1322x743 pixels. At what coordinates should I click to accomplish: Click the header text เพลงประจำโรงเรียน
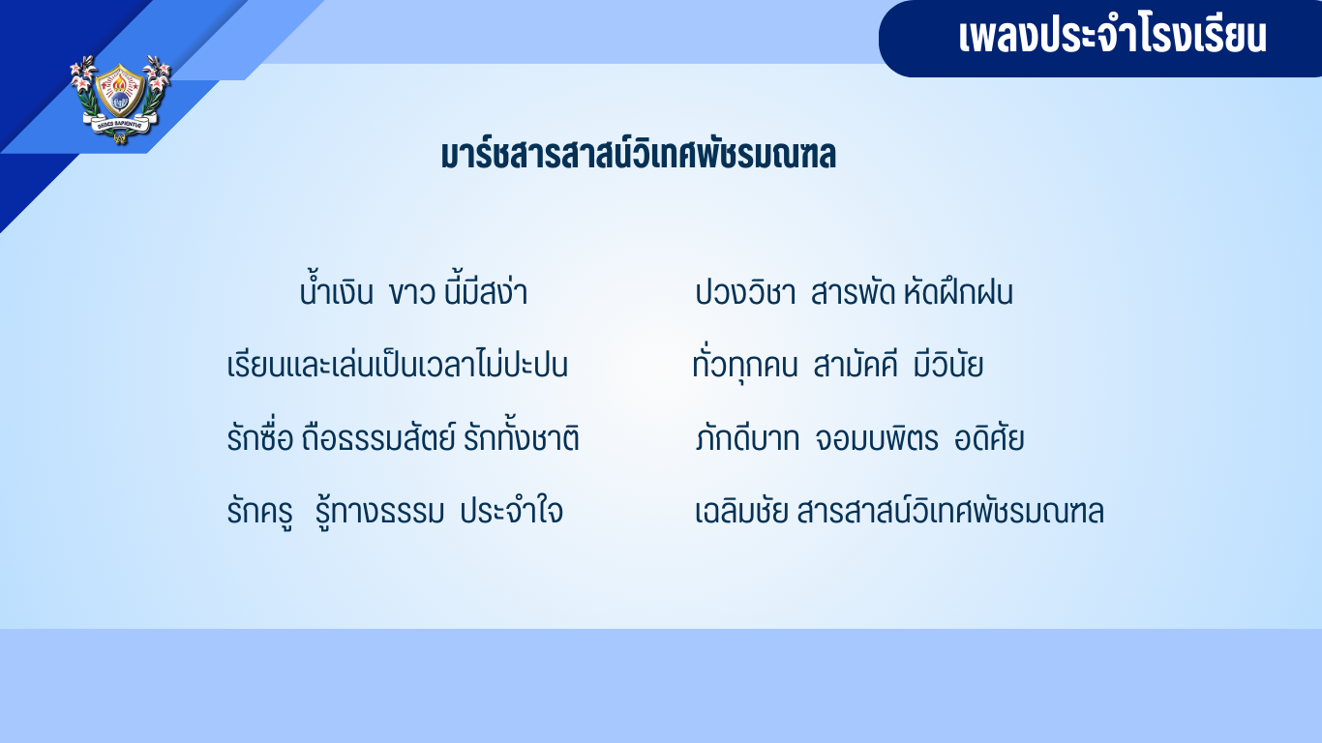click(x=1113, y=36)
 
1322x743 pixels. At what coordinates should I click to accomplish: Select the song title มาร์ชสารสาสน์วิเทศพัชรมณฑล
click(x=639, y=155)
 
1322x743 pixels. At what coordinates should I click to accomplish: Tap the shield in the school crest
click(x=120, y=90)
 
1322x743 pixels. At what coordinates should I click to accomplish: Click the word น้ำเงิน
click(x=337, y=291)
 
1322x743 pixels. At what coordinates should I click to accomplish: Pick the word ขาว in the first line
click(x=412, y=293)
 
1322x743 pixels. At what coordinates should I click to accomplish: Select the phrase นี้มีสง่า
click(x=486, y=291)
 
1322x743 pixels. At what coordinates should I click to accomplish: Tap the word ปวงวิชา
click(x=746, y=293)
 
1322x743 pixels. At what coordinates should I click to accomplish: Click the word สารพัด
click(x=853, y=293)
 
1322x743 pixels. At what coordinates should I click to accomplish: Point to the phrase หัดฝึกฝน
click(x=958, y=293)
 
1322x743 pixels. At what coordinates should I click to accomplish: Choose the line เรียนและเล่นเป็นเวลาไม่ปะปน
click(x=397, y=364)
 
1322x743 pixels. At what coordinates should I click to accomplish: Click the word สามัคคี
click(x=856, y=365)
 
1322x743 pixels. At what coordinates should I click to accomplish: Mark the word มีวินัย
click(x=948, y=365)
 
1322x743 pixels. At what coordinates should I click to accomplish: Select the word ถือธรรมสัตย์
click(x=378, y=437)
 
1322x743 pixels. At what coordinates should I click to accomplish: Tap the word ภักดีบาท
click(x=748, y=439)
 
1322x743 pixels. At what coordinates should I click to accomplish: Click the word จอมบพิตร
click(x=877, y=439)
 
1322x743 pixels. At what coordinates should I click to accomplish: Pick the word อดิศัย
click(x=989, y=439)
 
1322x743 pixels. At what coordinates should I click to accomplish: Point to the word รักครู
click(x=259, y=512)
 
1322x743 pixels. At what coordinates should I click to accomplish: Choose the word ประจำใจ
click(x=512, y=511)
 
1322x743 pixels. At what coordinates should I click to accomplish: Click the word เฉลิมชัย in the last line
click(x=742, y=511)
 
